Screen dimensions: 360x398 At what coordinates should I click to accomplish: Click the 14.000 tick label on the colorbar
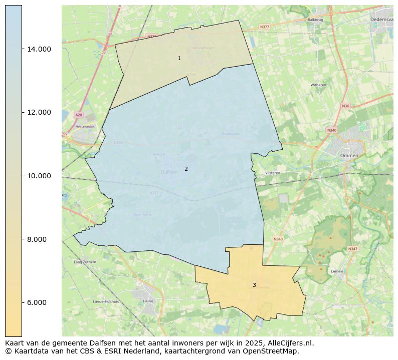tap(39, 49)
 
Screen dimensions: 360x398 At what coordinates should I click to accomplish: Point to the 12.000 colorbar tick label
tap(39, 112)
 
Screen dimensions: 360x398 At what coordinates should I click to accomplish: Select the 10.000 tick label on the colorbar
tap(39, 176)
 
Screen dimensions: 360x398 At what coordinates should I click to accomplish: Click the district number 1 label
tap(179, 59)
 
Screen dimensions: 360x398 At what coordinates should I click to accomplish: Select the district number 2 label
tap(186, 169)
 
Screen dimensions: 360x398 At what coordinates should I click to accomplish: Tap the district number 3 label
tap(254, 285)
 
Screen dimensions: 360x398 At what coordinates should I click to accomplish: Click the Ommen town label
tap(349, 156)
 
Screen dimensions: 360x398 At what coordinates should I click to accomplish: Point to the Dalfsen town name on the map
tap(169, 172)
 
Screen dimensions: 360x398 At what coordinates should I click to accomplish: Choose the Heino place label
tap(148, 301)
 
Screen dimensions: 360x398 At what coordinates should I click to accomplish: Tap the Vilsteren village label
tap(273, 173)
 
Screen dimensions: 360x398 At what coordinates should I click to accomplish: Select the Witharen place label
tap(318, 85)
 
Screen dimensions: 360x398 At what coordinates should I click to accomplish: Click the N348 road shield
tap(278, 239)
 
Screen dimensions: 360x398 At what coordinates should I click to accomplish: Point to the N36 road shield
tap(345, 106)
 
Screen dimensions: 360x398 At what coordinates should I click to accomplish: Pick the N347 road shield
tap(353, 249)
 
